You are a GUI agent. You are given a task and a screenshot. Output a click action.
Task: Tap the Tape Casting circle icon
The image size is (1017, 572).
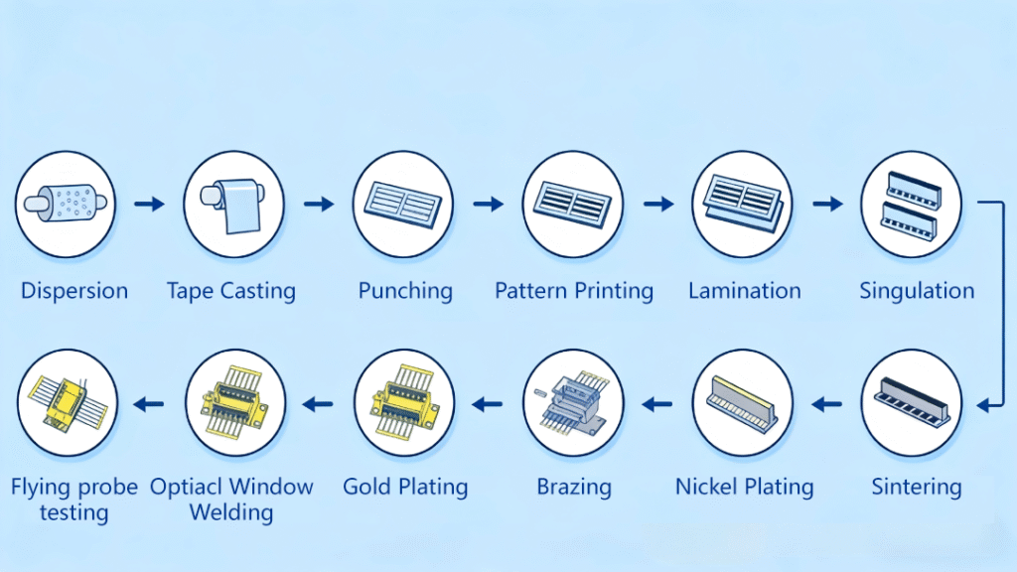[234, 204]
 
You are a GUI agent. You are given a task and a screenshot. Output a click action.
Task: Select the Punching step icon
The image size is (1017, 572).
[403, 204]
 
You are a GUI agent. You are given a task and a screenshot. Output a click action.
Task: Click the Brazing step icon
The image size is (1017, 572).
[573, 403]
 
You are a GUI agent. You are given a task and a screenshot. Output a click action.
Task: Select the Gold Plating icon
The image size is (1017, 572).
[403, 403]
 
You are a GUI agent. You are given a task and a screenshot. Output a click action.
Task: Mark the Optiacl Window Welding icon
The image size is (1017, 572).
[234, 403]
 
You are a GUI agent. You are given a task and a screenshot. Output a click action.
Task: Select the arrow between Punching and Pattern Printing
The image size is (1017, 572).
[488, 204]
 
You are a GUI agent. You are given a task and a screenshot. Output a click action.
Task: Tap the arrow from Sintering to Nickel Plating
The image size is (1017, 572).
[827, 404]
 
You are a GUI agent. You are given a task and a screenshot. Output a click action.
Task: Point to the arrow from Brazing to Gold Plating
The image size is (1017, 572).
[488, 404]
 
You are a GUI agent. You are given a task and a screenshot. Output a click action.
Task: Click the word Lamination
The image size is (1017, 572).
[744, 291]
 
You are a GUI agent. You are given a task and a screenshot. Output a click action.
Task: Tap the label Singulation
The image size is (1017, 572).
[916, 291]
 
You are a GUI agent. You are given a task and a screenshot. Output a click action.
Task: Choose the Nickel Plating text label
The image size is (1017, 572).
[744, 488]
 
